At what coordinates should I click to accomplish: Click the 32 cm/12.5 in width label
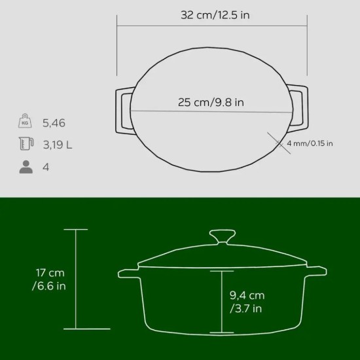(x=215, y=15)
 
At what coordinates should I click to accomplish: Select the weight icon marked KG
(x=26, y=122)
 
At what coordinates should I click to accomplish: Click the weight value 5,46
(x=54, y=122)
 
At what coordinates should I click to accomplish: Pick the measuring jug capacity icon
(x=26, y=144)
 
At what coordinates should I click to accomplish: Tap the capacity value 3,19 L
(x=57, y=145)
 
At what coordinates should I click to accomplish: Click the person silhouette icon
(x=26, y=167)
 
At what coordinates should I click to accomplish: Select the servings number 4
(x=46, y=167)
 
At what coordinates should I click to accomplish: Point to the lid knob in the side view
(x=222, y=236)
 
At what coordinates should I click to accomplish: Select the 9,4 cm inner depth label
(x=247, y=302)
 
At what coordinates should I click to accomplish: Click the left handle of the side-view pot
(x=128, y=274)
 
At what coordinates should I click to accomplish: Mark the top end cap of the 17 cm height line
(x=76, y=229)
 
